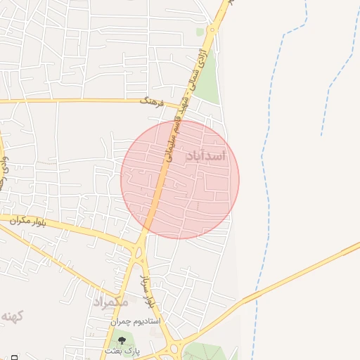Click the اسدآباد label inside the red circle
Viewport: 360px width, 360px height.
205,155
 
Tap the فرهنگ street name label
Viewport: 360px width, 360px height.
151,103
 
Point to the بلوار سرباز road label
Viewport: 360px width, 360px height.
148,293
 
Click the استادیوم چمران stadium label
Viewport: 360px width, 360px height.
135,321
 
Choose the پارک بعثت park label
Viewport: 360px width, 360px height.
123,350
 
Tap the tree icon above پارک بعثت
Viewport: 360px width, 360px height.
122,340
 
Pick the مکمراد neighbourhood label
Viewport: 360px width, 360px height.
110,302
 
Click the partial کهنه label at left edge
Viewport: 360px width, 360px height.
12,316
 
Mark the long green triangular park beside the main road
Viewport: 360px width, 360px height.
208,83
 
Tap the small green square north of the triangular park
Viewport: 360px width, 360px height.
200,32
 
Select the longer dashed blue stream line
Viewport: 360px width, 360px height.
266,176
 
